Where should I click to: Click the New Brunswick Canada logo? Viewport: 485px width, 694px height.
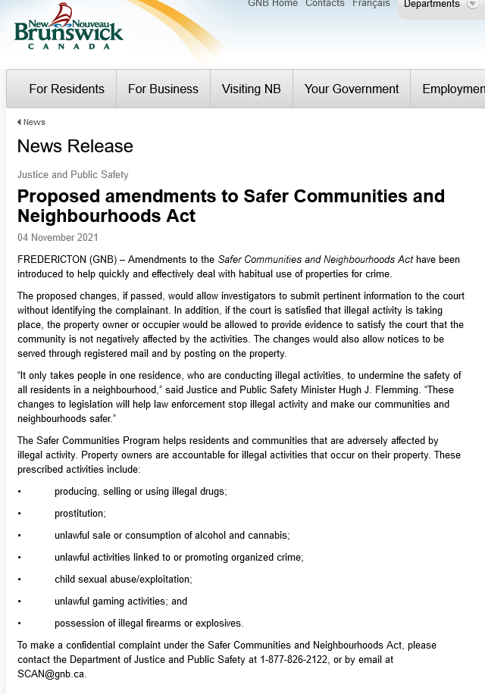68,28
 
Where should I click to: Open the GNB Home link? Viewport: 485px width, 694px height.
273,4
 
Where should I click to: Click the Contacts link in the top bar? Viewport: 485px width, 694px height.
325,4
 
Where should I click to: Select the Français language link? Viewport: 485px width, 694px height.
371,4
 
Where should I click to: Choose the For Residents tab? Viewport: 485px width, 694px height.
67,89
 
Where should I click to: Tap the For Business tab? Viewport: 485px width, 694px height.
163,89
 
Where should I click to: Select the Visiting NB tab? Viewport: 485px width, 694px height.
251,89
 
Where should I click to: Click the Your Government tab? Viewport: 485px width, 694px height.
352,89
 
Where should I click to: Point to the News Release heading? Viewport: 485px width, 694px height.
75,146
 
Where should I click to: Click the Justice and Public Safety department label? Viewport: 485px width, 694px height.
73,174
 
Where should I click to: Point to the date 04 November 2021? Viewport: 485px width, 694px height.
58,237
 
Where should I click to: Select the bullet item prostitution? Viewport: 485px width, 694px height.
80,514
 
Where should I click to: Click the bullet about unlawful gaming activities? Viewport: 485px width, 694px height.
120,602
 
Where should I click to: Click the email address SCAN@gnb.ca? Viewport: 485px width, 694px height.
52,674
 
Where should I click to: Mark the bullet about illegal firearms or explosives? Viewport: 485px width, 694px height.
149,624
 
